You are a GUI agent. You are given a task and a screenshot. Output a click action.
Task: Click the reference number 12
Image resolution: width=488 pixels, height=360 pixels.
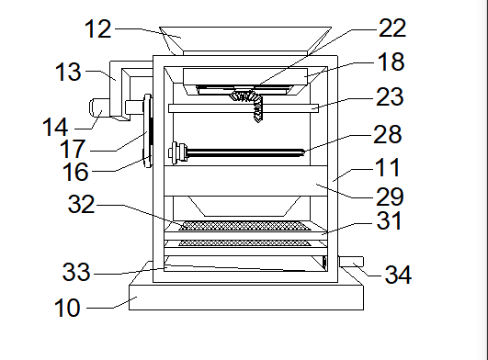(x=97, y=29)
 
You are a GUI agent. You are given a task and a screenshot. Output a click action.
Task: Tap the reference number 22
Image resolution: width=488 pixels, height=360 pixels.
(x=392, y=28)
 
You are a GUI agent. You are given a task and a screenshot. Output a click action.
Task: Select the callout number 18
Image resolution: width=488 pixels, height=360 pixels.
(x=391, y=62)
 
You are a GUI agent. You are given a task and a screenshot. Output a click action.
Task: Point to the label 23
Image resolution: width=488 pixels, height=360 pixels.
(x=390, y=96)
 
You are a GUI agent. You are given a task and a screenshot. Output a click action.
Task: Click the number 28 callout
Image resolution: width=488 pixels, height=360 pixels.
(x=388, y=134)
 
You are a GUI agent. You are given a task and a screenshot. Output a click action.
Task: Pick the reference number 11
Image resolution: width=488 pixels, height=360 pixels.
(x=388, y=167)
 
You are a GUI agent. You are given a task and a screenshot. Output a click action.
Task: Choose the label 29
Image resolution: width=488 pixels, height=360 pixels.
(x=390, y=197)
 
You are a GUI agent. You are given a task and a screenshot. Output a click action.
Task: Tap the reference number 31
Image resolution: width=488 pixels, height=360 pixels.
(x=389, y=220)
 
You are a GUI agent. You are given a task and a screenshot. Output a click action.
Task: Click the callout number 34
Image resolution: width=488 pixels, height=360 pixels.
(x=398, y=275)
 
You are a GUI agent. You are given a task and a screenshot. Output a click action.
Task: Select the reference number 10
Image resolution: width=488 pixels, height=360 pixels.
(x=67, y=308)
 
